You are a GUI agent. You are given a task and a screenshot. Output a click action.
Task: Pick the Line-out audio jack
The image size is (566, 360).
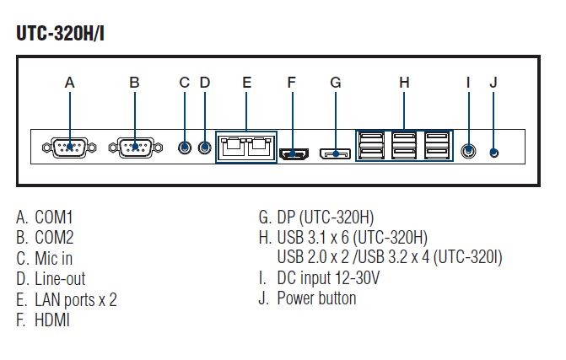click(x=205, y=148)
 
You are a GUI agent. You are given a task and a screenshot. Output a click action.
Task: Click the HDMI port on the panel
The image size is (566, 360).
click(x=293, y=153)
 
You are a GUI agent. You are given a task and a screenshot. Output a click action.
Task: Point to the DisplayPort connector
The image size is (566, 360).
click(x=335, y=153)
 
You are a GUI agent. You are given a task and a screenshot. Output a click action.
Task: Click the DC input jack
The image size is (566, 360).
click(x=470, y=151)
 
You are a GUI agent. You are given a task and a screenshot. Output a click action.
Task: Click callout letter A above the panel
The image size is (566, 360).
click(x=70, y=83)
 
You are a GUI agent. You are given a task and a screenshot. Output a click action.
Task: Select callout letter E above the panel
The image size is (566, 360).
click(x=246, y=83)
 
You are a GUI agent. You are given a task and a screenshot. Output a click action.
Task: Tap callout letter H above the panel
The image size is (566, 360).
click(x=404, y=83)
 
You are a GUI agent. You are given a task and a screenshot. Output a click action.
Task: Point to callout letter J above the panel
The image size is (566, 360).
click(x=493, y=83)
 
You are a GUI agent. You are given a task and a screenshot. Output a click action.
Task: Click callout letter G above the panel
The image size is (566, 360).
click(x=335, y=83)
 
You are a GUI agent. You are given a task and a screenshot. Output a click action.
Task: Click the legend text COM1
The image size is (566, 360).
click(x=54, y=217)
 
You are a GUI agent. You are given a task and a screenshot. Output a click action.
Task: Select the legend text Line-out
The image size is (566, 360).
click(x=60, y=278)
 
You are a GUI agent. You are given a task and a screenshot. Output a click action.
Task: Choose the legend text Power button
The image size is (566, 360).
click(x=316, y=298)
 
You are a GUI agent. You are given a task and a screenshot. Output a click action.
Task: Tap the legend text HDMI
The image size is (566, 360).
click(x=52, y=320)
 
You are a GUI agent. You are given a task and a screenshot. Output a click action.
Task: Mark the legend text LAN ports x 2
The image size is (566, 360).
click(x=75, y=299)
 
